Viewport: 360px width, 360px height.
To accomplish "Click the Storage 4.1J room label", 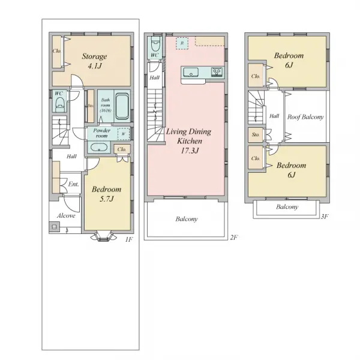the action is click(x=94, y=61).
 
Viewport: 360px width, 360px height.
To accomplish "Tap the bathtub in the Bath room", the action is click(x=121, y=106).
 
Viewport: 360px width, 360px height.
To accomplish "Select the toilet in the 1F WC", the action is click(x=59, y=104).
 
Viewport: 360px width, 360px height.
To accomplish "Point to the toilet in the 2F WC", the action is click(x=155, y=44).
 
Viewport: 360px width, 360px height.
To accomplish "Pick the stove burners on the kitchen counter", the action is click(x=217, y=73).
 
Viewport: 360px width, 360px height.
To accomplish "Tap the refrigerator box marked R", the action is click(x=182, y=43).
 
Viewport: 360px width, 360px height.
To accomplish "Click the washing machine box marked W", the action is click(x=124, y=134).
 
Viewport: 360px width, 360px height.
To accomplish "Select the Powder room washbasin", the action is click(x=99, y=147).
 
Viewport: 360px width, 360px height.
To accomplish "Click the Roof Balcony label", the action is click(x=305, y=117).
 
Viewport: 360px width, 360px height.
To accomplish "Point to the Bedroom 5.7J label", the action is click(x=107, y=194).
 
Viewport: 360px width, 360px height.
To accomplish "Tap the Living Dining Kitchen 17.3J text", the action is click(x=189, y=141).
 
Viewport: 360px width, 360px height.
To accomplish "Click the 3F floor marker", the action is click(x=324, y=217).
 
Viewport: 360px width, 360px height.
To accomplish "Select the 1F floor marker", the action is click(x=129, y=239).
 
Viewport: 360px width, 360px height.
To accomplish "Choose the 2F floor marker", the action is click(x=234, y=238).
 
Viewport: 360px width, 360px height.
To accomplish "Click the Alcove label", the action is click(x=66, y=215).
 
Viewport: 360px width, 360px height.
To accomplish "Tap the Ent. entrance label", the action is click(x=73, y=184).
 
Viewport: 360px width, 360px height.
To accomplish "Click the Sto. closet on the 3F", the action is click(x=256, y=134).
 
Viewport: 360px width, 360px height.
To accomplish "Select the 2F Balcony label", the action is click(x=187, y=219).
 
